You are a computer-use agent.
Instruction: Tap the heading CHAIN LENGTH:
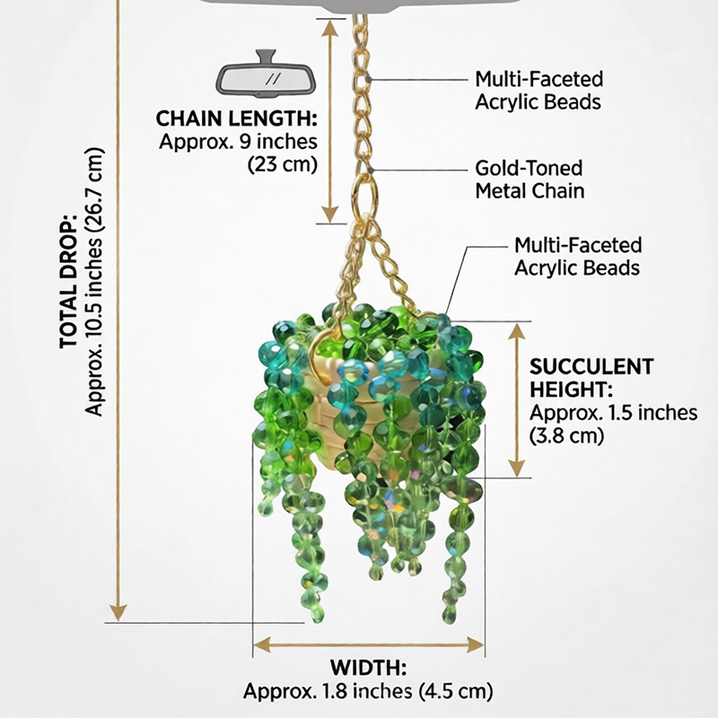pyautogui.click(x=236, y=118)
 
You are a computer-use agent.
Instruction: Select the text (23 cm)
pyautogui.click(x=282, y=164)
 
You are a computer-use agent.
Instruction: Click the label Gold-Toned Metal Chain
pyautogui.click(x=530, y=179)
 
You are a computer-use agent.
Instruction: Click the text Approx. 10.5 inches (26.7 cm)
pyautogui.click(x=94, y=282)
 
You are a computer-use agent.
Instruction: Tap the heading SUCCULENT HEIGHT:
pyautogui.click(x=591, y=378)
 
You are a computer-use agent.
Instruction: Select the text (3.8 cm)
pyautogui.click(x=567, y=435)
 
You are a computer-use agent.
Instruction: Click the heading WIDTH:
pyautogui.click(x=368, y=668)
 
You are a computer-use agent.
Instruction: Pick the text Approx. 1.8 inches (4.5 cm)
pyautogui.click(x=368, y=691)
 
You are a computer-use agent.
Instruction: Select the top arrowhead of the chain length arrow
pyautogui.click(x=330, y=28)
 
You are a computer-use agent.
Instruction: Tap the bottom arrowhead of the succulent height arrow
pyautogui.click(x=517, y=468)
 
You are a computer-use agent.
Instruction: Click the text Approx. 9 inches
pyautogui.click(x=238, y=142)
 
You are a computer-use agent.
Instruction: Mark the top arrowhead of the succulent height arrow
pyautogui.click(x=517, y=332)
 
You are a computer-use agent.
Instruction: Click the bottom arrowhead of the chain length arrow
pyautogui.click(x=330, y=215)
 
